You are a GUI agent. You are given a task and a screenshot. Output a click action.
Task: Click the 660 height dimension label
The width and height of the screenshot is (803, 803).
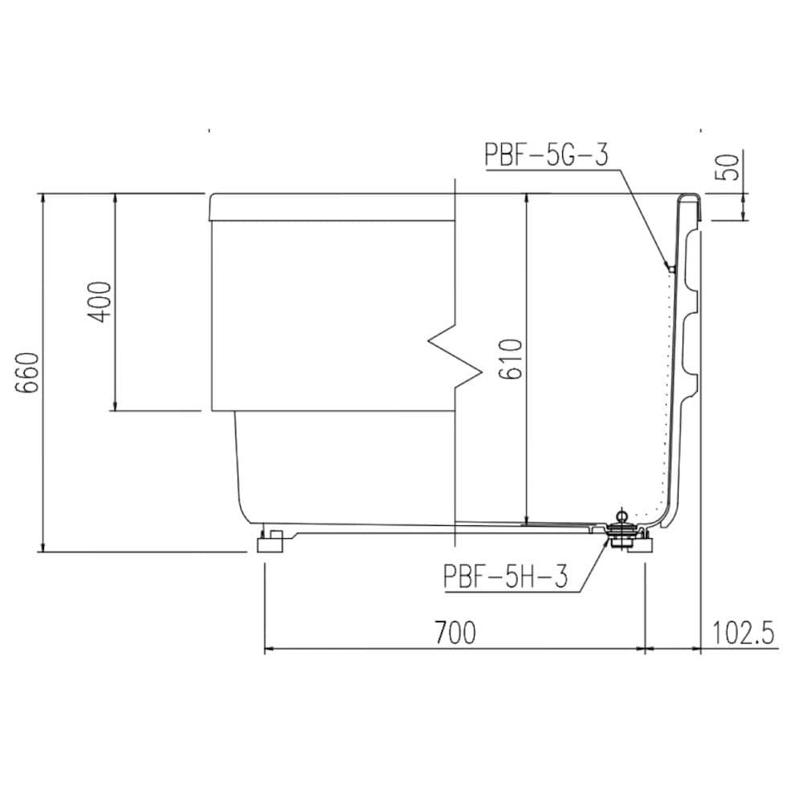pos(27,373)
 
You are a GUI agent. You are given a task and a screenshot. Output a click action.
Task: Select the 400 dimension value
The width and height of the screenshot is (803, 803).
pos(99,302)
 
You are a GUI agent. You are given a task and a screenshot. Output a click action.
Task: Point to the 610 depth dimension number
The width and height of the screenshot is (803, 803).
pos(511,358)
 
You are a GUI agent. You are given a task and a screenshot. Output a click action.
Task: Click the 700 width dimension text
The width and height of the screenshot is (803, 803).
pos(455,633)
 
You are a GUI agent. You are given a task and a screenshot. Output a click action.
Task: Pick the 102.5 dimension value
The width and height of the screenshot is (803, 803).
pos(743,633)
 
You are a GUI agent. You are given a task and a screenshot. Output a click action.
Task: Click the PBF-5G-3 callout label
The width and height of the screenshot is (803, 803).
pos(546,154)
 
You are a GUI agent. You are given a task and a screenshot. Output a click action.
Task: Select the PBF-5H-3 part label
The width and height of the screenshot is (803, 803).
pos(506,576)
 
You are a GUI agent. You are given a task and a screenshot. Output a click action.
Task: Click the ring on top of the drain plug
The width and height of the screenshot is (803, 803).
pos(622,514)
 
